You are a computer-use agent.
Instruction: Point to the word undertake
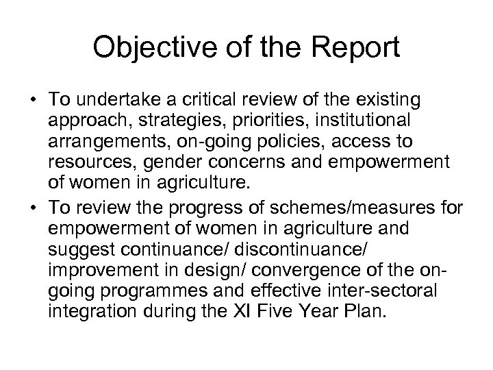pos(108,100)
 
